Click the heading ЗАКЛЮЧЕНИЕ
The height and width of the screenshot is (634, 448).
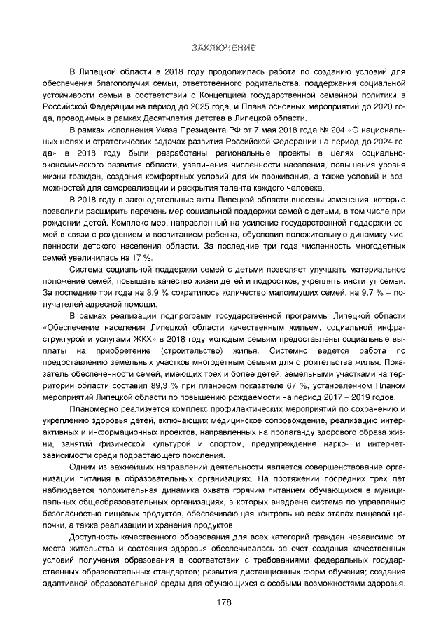coord(224,48)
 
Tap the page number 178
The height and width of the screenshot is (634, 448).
coord(224,603)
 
